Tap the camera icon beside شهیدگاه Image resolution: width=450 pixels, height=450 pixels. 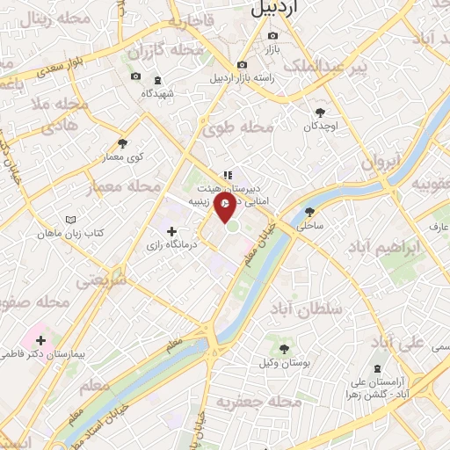(x=136, y=77)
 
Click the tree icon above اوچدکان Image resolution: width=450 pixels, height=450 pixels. (x=320, y=112)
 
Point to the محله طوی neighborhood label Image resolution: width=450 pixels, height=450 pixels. (x=239, y=128)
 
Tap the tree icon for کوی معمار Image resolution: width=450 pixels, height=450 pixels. (x=122, y=143)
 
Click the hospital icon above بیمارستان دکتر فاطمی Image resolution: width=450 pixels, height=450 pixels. (x=40, y=338)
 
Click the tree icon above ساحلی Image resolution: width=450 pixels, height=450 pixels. (x=309, y=211)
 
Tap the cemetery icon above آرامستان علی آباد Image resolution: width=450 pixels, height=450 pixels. (x=377, y=367)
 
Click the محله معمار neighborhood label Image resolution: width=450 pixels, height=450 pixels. (x=134, y=186)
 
